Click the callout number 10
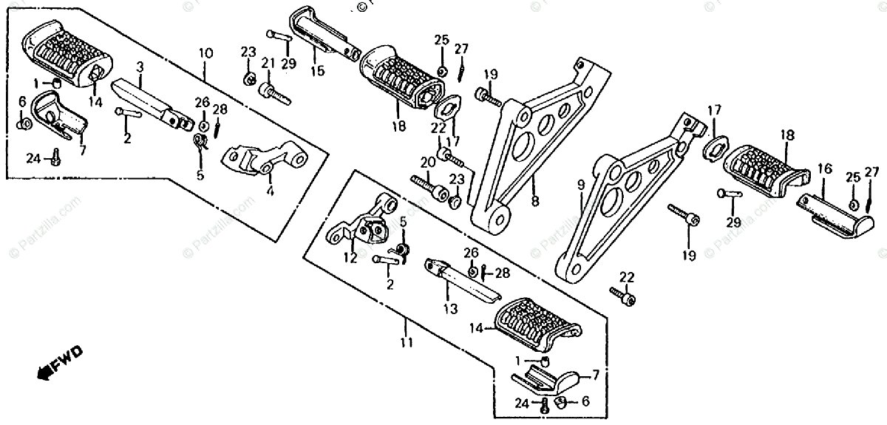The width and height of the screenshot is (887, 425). [205, 53]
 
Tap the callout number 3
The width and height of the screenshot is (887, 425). [140, 67]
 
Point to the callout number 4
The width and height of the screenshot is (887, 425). [270, 191]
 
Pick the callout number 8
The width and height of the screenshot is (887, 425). [534, 200]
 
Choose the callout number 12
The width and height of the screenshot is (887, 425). [350, 258]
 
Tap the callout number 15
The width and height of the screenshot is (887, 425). [317, 71]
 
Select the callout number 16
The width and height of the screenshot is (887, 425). [824, 169]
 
